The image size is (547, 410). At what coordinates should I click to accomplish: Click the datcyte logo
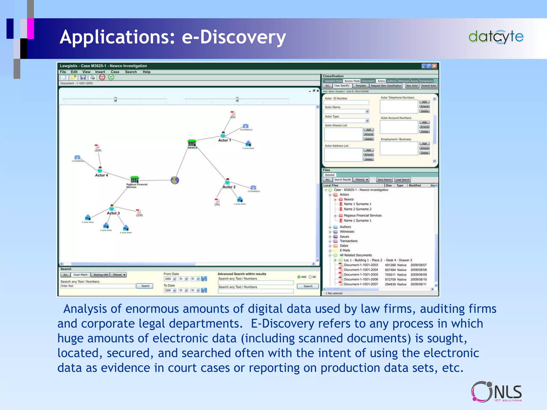point(496,37)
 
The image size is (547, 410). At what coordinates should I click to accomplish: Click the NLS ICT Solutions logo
point(496,392)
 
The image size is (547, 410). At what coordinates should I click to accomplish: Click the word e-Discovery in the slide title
point(234,37)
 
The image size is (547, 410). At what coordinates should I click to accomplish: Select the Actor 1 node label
point(224,140)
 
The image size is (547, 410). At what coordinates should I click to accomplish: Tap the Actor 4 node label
point(101,175)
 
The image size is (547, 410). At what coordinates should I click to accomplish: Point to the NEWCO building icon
point(192,143)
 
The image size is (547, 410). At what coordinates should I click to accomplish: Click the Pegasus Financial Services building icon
point(135,179)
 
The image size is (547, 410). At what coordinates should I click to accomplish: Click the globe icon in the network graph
point(175,180)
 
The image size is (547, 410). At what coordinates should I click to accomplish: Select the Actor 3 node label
point(113,213)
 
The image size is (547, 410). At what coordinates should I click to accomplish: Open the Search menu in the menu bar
point(131,72)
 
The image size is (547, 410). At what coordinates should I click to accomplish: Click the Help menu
point(146,72)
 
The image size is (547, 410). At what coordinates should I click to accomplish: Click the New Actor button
point(412,86)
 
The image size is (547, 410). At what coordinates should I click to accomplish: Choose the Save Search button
point(384,180)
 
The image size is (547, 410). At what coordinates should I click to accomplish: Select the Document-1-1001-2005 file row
point(361,274)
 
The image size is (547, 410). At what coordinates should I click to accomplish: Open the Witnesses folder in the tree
point(347,231)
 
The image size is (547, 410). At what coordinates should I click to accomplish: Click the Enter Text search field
point(98,286)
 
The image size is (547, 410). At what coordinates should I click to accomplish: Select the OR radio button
point(310,277)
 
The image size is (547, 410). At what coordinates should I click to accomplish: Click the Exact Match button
point(80,275)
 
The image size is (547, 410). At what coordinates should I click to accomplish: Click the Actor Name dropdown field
point(346,111)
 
